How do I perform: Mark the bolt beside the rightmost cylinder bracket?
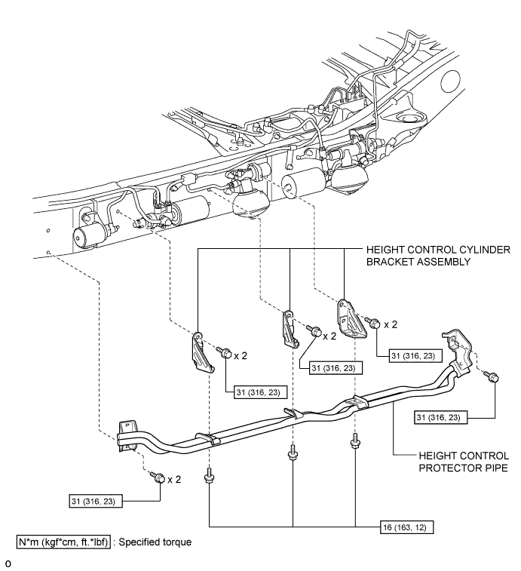coord(372,323)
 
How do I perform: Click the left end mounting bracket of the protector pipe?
coord(126,437)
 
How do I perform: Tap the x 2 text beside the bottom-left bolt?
coord(175,478)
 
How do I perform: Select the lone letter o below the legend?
coord(8,563)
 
